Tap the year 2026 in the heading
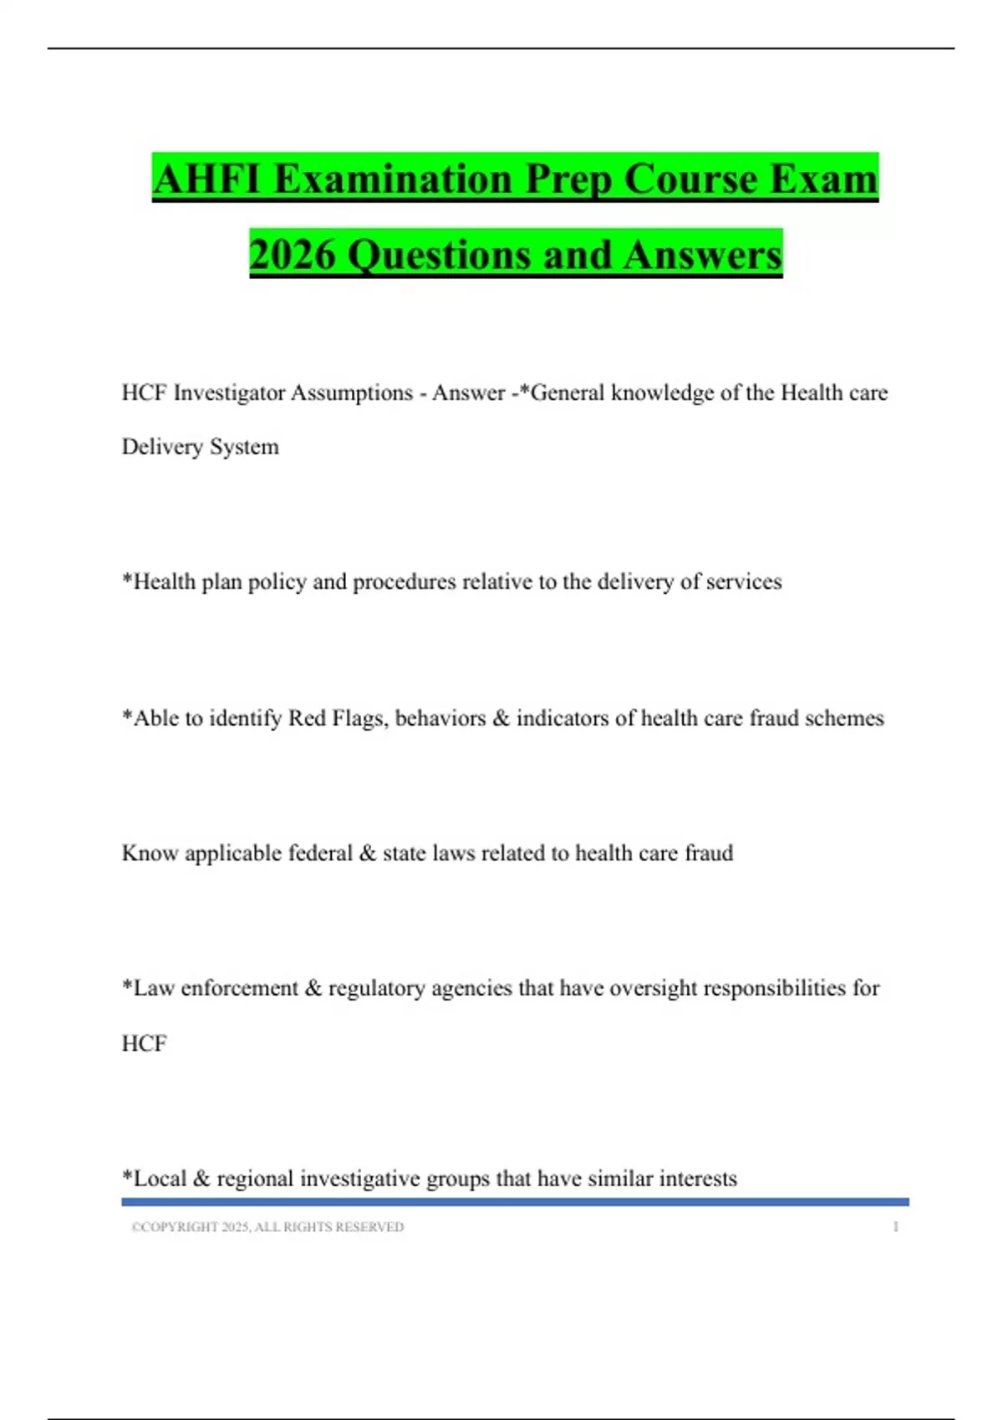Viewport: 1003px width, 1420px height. point(292,255)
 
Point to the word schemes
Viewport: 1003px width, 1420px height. point(844,718)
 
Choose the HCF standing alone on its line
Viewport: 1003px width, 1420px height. point(144,1043)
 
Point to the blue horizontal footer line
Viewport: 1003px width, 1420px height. point(515,1202)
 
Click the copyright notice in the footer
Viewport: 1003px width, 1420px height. point(267,1227)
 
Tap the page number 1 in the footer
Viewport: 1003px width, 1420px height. point(895,1227)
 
